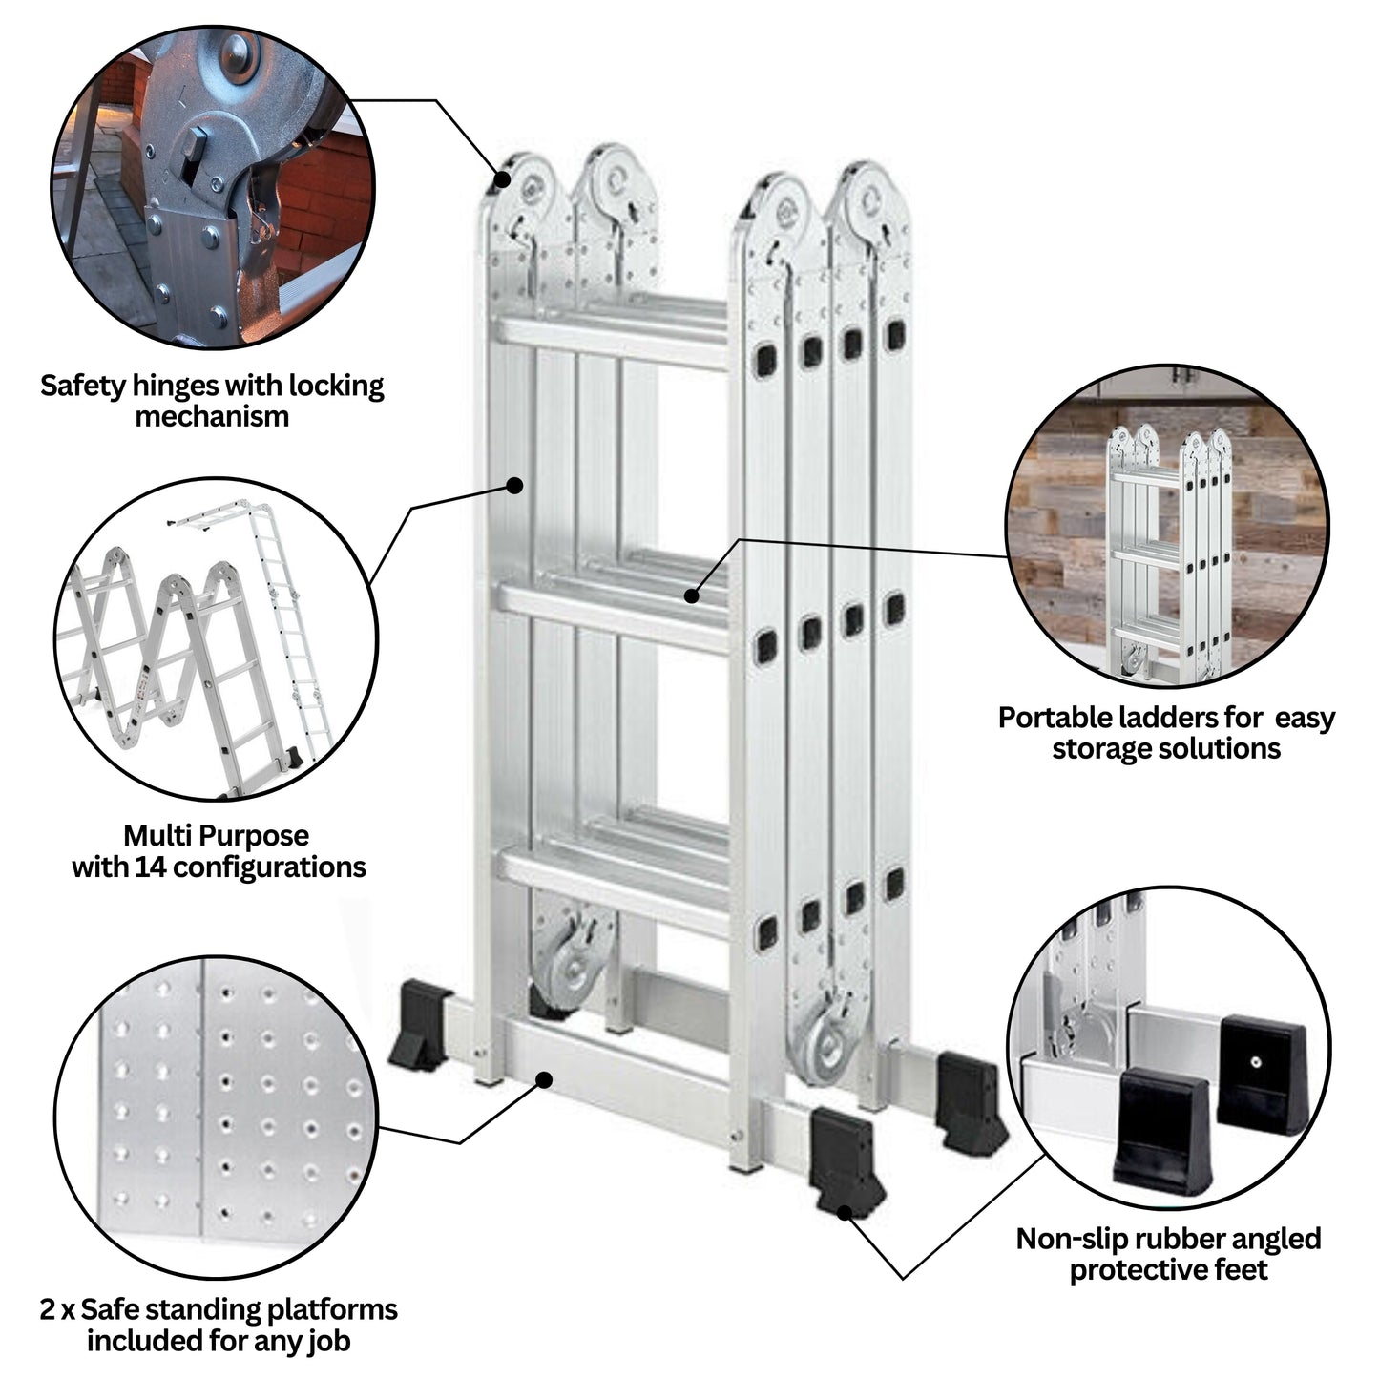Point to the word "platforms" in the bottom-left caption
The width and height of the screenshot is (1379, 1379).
click(335, 1309)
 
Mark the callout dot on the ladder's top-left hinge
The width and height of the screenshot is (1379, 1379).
click(501, 178)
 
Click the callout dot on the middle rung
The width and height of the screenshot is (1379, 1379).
click(692, 596)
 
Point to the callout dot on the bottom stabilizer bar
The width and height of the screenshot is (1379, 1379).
click(544, 1079)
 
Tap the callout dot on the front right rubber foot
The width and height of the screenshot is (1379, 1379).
click(844, 1212)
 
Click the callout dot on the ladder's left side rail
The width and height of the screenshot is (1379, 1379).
click(514, 485)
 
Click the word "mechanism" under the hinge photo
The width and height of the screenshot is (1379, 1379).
click(212, 417)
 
